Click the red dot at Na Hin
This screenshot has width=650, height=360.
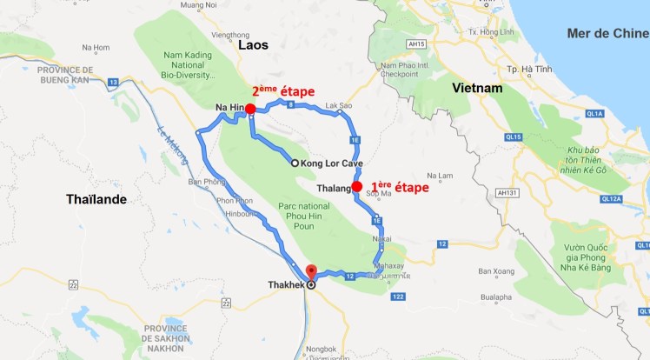(250, 109)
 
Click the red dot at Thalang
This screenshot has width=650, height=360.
(356, 186)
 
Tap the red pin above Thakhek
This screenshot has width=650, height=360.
(312, 271)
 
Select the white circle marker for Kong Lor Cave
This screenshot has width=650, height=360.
(295, 163)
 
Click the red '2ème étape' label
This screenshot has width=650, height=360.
(282, 91)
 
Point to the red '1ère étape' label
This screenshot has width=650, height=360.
(400, 186)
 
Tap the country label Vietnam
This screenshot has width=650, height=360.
(477, 89)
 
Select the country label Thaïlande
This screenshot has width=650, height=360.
(96, 199)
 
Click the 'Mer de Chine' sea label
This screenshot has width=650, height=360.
(607, 34)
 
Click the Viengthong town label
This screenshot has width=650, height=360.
(229, 35)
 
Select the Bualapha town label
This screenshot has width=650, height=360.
(495, 297)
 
